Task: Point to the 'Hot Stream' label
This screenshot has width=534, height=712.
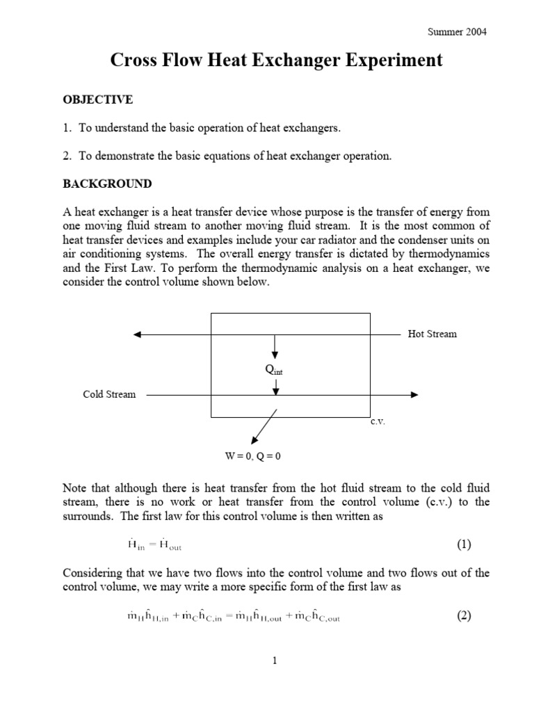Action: point(432,334)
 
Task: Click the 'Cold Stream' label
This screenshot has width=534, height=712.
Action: point(109,394)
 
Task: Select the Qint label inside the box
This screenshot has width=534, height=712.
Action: point(275,371)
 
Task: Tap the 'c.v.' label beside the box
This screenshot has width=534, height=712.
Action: point(378,422)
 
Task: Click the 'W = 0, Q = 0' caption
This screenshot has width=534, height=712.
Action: point(252,456)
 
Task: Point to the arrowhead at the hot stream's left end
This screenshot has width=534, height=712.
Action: point(138,334)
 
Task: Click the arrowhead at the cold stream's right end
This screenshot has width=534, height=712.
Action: point(414,395)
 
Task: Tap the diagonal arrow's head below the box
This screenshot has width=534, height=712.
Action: point(252,441)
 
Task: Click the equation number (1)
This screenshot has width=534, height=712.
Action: point(464,544)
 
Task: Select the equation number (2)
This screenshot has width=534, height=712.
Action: point(464,616)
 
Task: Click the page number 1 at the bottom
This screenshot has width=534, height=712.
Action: point(275,661)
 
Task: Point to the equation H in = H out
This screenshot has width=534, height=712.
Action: point(146,545)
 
